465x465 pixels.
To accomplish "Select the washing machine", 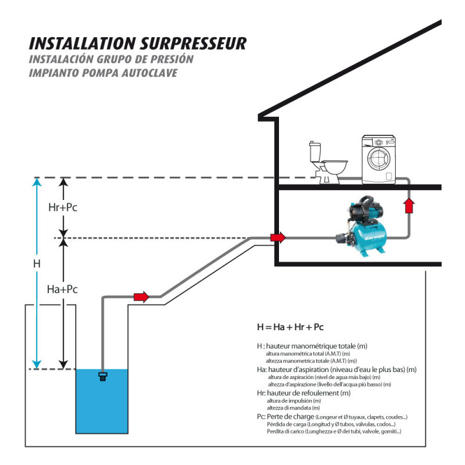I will [378, 160].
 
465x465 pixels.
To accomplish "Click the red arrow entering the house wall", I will [278, 237].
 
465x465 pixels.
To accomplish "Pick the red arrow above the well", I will [141, 297].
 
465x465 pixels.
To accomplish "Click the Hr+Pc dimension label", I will [62, 208].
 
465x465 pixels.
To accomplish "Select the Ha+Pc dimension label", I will [62, 289].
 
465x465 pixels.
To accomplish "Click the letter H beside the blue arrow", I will [37, 263].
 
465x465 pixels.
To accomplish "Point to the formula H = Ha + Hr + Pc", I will [290, 326].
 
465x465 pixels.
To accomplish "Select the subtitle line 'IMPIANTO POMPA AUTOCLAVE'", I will [103, 73].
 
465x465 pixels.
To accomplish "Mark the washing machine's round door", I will [378, 165].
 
